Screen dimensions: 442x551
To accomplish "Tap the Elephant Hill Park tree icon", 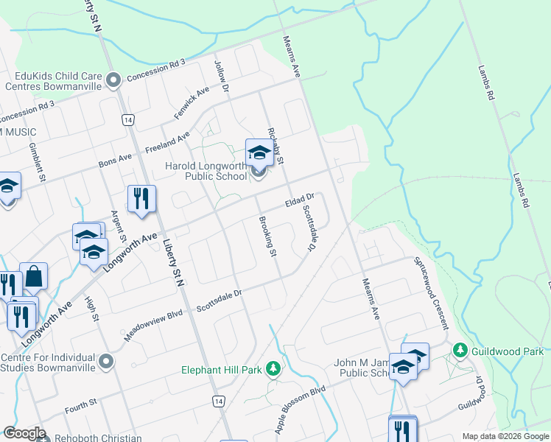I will point(273,368).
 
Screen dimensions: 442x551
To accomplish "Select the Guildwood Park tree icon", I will point(461,348).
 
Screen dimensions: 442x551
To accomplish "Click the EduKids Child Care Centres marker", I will point(113,80).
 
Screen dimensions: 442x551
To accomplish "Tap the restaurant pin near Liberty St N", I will point(141,200).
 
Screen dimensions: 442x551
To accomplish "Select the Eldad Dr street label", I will point(300,200).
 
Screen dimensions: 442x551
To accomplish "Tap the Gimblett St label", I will point(38,159).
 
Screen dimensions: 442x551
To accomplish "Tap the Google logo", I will point(24,433).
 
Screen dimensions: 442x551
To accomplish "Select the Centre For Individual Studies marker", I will point(108,361).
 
